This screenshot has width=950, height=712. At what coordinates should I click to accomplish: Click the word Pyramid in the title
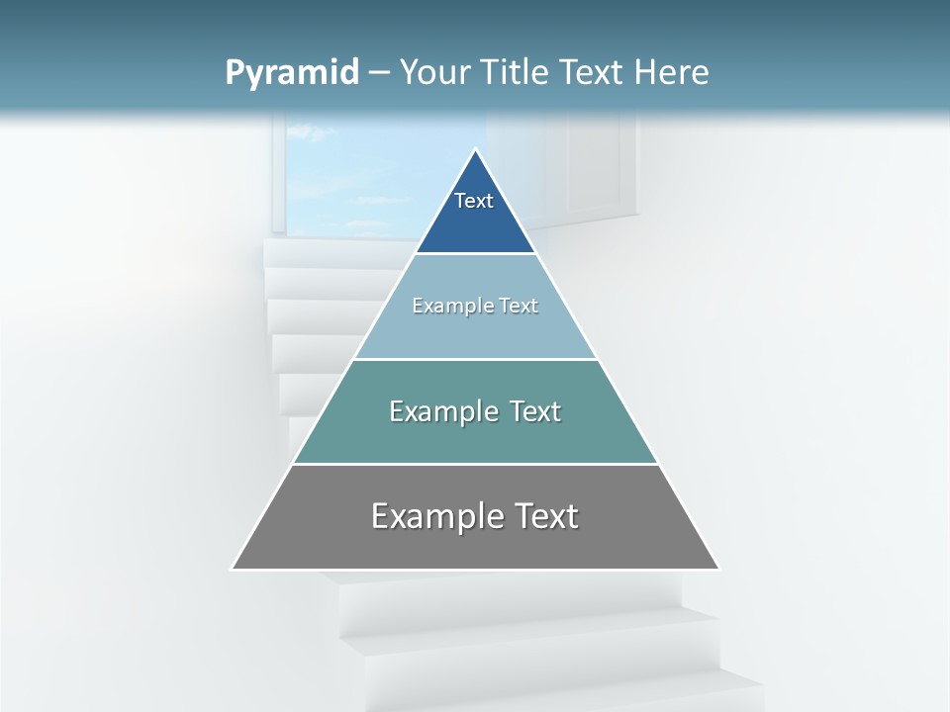pos(291,73)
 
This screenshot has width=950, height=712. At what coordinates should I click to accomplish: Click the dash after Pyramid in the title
pos(378,73)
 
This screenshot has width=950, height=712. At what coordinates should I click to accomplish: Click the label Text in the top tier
pos(474,201)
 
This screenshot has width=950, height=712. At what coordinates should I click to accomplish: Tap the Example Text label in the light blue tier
pos(475,306)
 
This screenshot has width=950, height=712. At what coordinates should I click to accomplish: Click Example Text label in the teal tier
pos(475,411)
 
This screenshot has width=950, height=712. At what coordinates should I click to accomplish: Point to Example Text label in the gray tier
pos(475,516)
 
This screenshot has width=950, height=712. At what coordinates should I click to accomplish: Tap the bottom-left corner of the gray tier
pos(234,569)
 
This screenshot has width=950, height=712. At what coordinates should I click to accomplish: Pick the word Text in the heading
pos(591,72)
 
